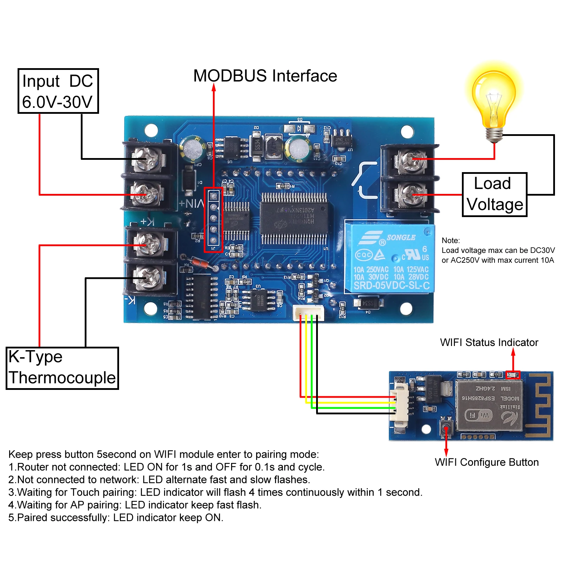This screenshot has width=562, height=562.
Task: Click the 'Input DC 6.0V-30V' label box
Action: click(x=58, y=91)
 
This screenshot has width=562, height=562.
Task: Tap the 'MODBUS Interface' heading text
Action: click(x=265, y=76)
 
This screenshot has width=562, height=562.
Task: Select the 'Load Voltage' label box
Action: click(x=495, y=194)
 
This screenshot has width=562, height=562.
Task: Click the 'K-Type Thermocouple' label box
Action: click(x=62, y=368)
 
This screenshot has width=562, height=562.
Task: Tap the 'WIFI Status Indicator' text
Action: click(x=489, y=342)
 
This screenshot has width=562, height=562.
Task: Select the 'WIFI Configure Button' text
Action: click(x=486, y=462)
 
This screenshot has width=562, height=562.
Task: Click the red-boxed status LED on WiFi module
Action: click(x=513, y=375)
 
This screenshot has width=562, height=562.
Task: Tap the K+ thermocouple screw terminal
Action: click(x=149, y=244)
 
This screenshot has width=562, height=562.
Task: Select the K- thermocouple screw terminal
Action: click(x=149, y=277)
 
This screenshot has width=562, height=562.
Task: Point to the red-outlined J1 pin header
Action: click(x=213, y=220)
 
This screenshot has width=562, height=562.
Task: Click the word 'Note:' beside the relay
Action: click(x=451, y=241)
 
